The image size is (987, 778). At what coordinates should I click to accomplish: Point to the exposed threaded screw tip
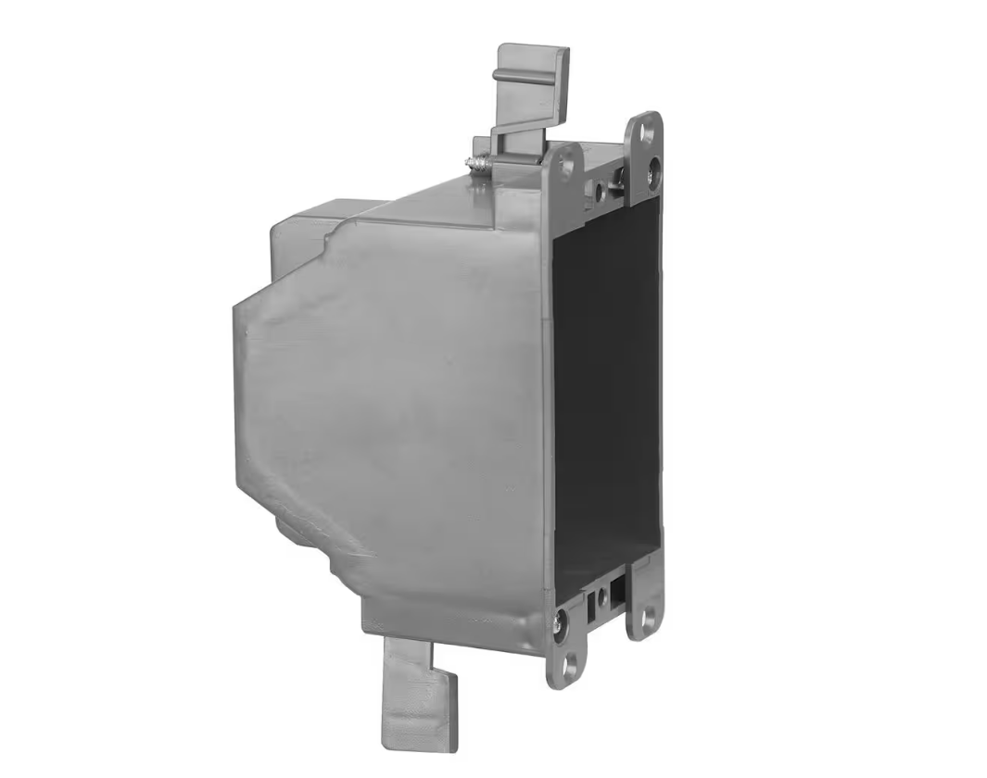click(x=476, y=163)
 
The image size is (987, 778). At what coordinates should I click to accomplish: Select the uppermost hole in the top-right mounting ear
click(x=647, y=132)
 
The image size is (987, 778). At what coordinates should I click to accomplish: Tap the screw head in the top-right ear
click(x=655, y=169)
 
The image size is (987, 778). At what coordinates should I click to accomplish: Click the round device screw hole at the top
click(x=601, y=193)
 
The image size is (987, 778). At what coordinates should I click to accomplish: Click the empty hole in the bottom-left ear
click(x=569, y=661)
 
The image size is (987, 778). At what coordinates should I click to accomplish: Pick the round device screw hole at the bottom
click(x=603, y=591)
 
